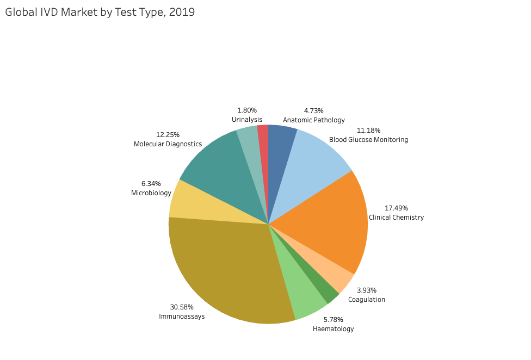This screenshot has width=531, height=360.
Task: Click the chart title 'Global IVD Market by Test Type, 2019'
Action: [100, 12]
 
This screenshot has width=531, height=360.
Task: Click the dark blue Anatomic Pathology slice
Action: [281, 141]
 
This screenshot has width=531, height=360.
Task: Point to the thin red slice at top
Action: [263, 141]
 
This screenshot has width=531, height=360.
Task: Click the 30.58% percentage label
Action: [182, 307]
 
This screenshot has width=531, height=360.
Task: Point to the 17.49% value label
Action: [396, 208]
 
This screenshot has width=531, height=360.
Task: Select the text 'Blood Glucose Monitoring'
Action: [368, 140]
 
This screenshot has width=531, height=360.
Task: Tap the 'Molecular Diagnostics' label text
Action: [168, 144]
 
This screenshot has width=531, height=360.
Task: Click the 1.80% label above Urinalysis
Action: [247, 110]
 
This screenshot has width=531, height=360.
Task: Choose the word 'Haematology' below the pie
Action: [333, 329]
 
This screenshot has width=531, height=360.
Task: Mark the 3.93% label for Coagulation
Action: [366, 290]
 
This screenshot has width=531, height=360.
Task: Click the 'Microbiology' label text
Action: [151, 193]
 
